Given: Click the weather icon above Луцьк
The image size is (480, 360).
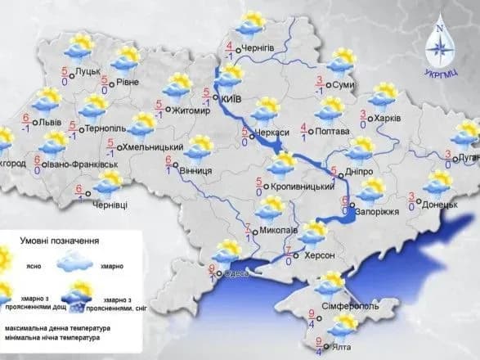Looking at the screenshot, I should (x=84, y=46).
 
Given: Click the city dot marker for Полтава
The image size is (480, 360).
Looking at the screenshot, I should (x=316, y=131).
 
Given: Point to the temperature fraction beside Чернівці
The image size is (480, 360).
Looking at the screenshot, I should (x=80, y=192).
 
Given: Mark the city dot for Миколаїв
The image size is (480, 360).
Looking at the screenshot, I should (x=254, y=232).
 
